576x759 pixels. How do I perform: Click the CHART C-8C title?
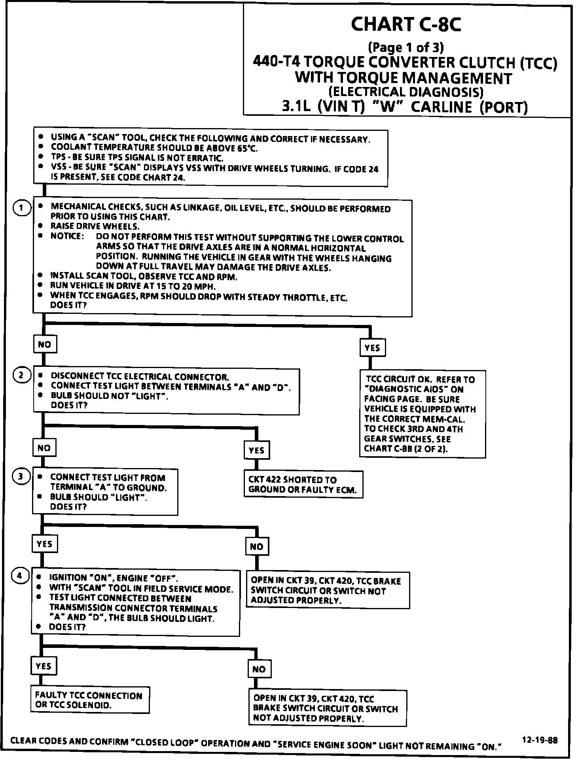406,25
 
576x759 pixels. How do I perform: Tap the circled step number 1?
22,208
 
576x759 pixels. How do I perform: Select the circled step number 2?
22,375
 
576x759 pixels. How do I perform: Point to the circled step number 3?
21,477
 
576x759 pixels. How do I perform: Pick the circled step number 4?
20,576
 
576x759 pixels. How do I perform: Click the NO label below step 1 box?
44,344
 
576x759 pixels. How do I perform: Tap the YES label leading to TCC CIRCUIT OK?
372,348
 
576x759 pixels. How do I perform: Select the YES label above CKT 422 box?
256,450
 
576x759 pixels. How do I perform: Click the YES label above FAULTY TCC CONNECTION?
44,666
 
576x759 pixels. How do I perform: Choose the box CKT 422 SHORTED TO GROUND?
303,485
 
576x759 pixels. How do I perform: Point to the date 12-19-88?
540,740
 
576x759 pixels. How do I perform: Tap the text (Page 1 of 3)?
406,47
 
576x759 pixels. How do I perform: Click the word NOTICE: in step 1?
67,236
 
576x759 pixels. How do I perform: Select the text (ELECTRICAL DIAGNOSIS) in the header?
406,92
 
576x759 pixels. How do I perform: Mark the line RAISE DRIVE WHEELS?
95,227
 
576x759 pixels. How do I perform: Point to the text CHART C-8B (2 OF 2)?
406,449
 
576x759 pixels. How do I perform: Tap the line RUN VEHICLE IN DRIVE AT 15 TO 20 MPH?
133,286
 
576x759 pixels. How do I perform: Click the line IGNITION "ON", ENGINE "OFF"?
114,578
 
